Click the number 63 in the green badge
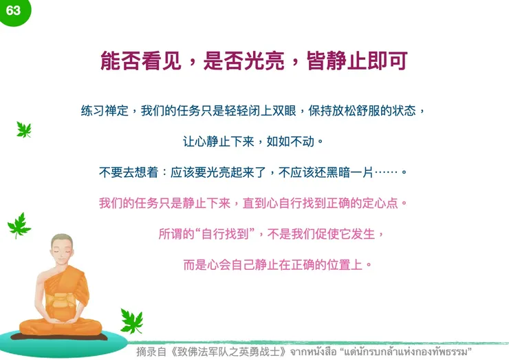(14, 10)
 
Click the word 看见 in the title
(164, 61)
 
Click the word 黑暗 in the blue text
(350, 172)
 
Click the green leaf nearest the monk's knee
(131, 320)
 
